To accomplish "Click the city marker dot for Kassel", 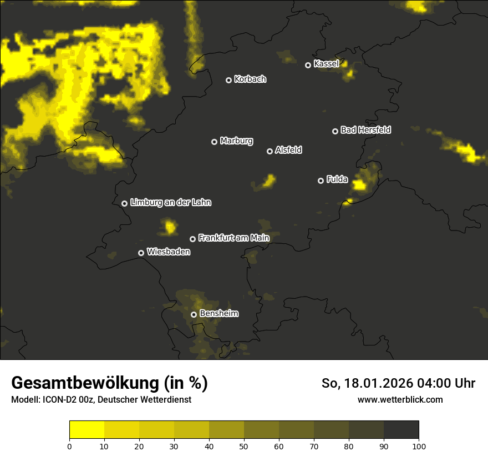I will [308, 65].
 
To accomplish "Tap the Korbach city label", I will [250, 79].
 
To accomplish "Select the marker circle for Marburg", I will [214, 142].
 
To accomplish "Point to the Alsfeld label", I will [288, 150].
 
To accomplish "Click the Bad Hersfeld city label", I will [365, 130].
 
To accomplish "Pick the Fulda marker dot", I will [321, 181].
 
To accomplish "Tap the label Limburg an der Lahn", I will [170, 202].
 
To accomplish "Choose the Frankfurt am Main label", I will [233, 238].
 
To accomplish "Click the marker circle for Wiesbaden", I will [141, 253].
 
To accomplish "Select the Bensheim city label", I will [218, 313].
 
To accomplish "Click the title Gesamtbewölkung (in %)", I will [109, 383].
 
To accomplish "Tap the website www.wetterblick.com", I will [400, 399].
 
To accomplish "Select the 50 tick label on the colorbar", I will [244, 446].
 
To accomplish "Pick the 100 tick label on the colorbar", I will [419, 446].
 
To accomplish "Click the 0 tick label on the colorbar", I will [69, 446].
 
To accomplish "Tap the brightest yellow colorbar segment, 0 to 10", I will [87, 430].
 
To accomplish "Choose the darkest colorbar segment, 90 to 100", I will [401, 430].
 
